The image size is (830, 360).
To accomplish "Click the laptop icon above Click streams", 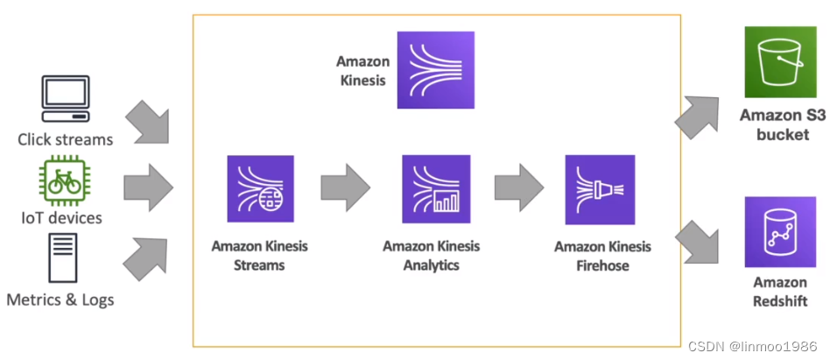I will [66, 100].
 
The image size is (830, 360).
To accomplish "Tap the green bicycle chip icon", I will [66, 181].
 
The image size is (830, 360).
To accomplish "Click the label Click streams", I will [66, 139].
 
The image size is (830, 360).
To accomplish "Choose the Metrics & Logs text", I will [60, 300].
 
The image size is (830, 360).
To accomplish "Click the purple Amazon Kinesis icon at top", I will [435, 70].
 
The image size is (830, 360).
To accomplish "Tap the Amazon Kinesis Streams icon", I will [261, 189].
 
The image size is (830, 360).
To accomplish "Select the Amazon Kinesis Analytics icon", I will [435, 189].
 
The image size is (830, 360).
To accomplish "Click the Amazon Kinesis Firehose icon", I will [600, 189].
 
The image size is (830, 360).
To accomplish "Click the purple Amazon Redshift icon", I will [779, 231].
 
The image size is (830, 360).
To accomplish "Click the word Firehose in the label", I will [602, 265].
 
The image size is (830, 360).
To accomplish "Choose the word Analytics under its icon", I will [432, 265].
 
